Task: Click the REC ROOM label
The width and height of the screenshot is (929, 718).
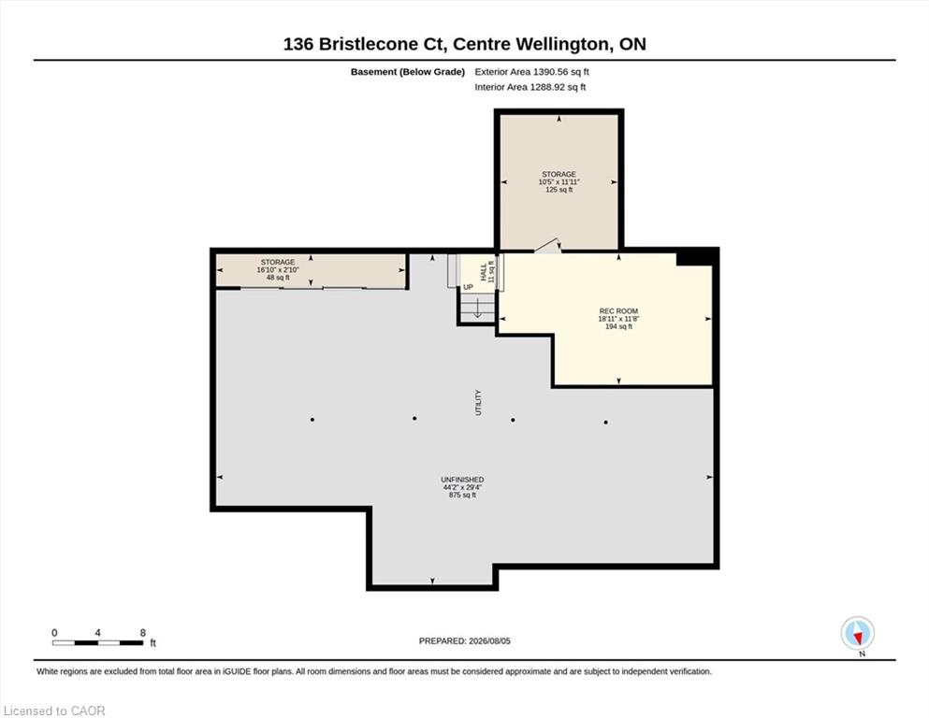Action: click(618, 310)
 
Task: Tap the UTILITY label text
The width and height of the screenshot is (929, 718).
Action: click(479, 403)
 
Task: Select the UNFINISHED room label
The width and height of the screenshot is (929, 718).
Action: click(462, 480)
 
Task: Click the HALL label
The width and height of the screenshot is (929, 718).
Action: click(484, 272)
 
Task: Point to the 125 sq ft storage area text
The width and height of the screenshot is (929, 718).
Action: click(559, 190)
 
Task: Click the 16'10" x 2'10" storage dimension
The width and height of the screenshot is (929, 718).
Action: click(278, 270)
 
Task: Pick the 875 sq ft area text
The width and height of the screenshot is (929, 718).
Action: click(462, 495)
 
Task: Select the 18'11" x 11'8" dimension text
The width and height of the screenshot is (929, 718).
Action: click(618, 319)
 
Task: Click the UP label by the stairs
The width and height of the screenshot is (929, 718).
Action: click(468, 287)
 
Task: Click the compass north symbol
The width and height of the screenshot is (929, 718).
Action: click(857, 633)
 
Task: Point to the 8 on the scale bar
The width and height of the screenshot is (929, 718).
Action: click(143, 633)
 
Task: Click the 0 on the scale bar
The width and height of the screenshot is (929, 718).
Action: click(54, 633)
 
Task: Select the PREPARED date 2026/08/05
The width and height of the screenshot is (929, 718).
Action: click(489, 641)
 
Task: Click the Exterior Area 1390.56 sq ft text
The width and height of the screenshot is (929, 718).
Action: click(531, 72)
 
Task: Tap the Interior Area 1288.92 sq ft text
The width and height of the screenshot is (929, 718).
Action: click(530, 87)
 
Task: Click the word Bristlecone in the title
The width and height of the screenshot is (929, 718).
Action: click(368, 44)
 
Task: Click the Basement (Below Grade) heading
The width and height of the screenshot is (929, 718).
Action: click(408, 72)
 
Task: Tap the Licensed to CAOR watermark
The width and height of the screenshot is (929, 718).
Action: click(54, 711)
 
